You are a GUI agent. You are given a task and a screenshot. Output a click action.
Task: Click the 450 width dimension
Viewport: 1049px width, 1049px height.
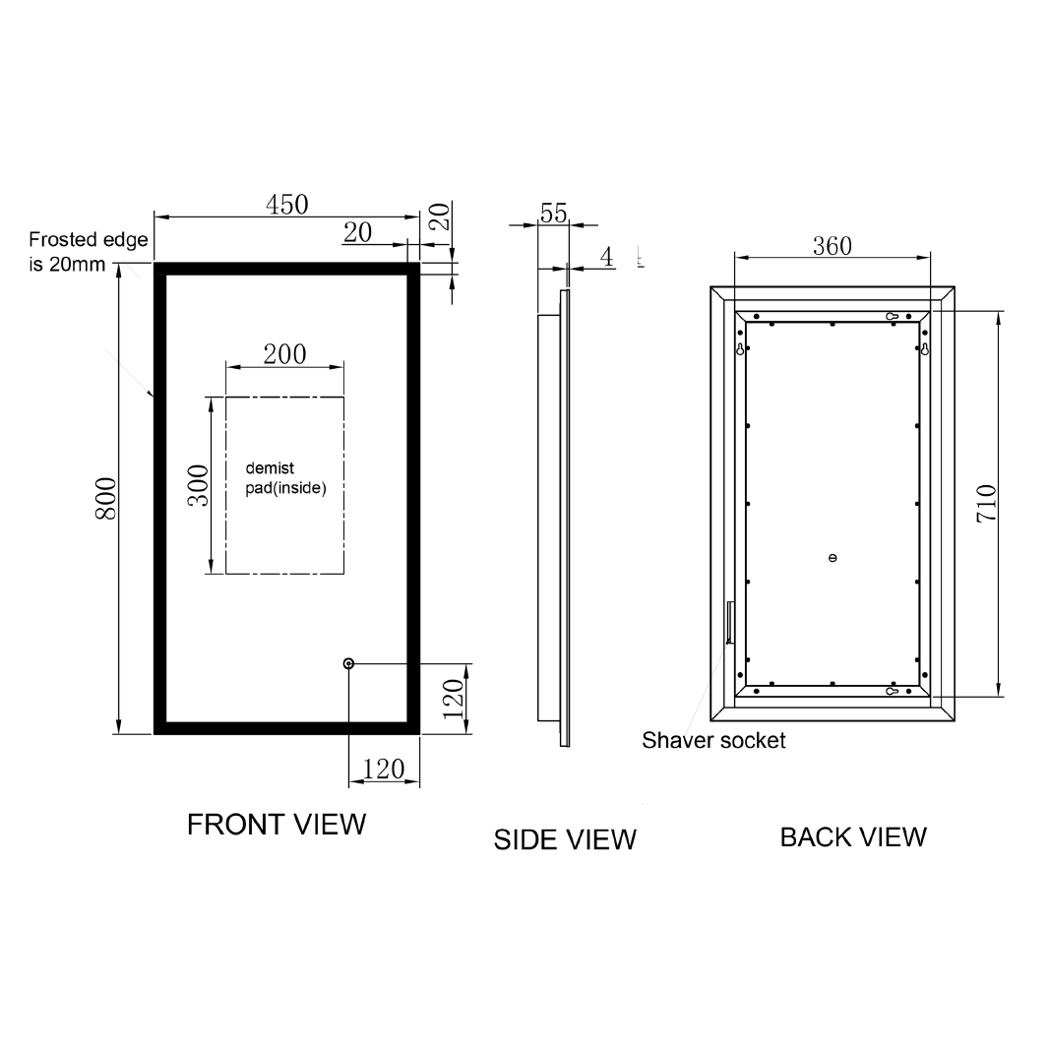click(x=286, y=204)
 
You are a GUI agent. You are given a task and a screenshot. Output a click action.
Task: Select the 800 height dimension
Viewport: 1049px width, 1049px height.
click(x=106, y=499)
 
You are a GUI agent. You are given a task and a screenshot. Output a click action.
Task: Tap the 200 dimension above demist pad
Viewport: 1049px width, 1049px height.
click(x=284, y=353)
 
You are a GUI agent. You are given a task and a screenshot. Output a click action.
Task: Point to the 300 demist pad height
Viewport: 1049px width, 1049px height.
click(x=198, y=485)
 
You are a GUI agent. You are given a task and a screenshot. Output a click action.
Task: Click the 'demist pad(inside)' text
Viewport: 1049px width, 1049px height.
click(x=284, y=478)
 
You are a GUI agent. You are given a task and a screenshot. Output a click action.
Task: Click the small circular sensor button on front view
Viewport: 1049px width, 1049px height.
click(x=348, y=664)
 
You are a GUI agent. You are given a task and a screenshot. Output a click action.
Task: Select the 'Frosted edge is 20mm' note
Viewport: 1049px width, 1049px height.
click(x=88, y=251)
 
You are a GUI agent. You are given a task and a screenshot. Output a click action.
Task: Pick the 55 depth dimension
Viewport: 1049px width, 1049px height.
click(x=554, y=214)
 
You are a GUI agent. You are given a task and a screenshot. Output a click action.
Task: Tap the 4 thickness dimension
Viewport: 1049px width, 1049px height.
click(x=606, y=257)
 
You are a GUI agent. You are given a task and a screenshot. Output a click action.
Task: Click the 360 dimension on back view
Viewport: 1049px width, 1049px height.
click(x=832, y=246)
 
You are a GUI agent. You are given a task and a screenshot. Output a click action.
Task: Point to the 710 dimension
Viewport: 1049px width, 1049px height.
click(x=986, y=503)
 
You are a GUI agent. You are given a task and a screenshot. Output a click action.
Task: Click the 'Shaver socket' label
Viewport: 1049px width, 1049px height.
click(x=713, y=740)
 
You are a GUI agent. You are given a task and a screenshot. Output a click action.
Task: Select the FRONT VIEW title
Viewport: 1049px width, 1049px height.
click(x=277, y=825)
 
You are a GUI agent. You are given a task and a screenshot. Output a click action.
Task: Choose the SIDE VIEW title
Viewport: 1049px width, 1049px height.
click(x=565, y=839)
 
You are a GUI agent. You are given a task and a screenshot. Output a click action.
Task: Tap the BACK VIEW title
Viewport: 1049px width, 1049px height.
click(x=853, y=836)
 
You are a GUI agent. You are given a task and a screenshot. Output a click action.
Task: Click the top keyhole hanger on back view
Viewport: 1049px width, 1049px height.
click(x=891, y=316)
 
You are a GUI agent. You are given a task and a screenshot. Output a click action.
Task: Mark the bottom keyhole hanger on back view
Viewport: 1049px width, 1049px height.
click(x=891, y=691)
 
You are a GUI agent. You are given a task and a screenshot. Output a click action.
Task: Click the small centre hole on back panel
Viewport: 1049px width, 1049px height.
click(x=833, y=558)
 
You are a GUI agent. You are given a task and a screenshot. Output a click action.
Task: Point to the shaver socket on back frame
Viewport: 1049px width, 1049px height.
click(x=729, y=622)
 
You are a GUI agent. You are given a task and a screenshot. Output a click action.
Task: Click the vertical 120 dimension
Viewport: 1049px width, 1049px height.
click(x=452, y=699)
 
